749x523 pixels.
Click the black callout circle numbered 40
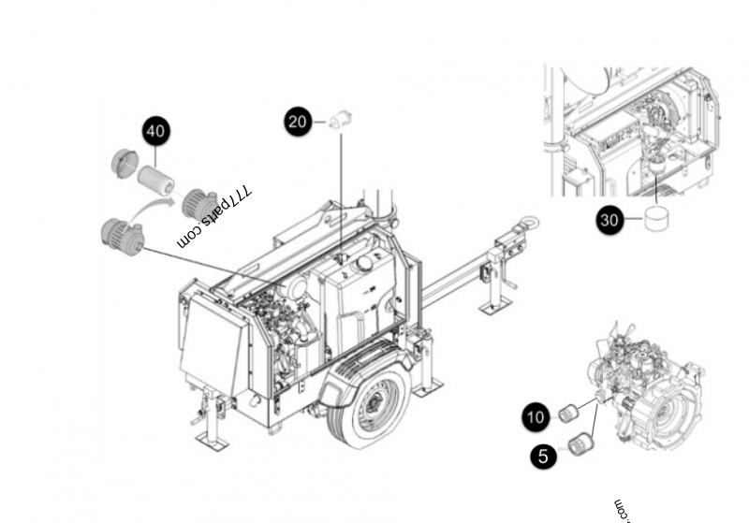tap(155, 131)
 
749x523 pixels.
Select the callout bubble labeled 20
tap(298, 122)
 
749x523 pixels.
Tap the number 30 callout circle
tap(610, 220)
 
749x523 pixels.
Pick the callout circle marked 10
tap(536, 416)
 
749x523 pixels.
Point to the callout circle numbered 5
tap(543, 456)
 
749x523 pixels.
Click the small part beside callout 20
tap(340, 119)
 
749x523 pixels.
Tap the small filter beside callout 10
tap(568, 413)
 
